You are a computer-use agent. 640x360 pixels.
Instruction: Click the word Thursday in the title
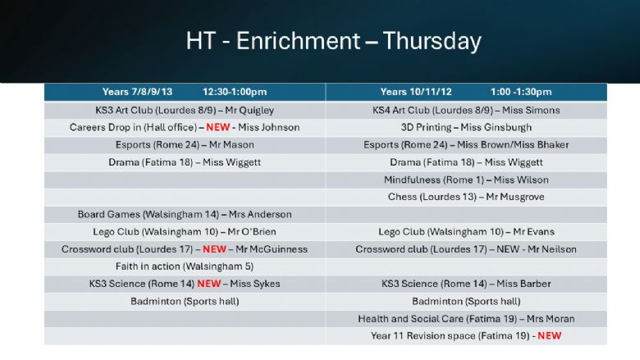pyautogui.click(x=432, y=42)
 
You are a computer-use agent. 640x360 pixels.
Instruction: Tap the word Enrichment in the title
pyautogui.click(x=298, y=41)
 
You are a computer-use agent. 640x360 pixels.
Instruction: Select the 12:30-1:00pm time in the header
pyautogui.click(x=235, y=92)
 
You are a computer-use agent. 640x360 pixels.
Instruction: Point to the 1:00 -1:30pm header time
pyautogui.click(x=521, y=92)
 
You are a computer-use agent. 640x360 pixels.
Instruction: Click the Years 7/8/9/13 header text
pyautogui.click(x=137, y=92)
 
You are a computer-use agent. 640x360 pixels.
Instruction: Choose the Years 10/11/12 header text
pyautogui.click(x=416, y=92)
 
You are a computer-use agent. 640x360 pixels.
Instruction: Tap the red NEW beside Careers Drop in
pyautogui.click(x=218, y=127)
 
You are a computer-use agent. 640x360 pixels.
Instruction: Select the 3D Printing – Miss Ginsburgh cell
pyautogui.click(x=466, y=128)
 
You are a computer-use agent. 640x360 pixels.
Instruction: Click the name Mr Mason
pyautogui.click(x=231, y=144)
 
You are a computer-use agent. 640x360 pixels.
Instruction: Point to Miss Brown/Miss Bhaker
pyautogui.click(x=513, y=144)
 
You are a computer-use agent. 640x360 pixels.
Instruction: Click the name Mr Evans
pyautogui.click(x=533, y=231)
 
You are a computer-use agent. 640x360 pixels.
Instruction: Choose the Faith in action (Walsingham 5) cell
pyautogui.click(x=185, y=267)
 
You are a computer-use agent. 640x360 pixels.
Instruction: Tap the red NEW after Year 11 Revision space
pyautogui.click(x=550, y=336)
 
